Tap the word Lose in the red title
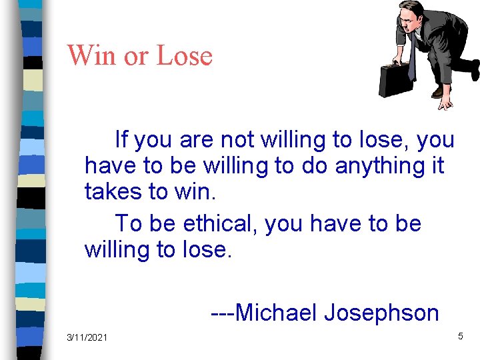184,55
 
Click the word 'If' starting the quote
121,140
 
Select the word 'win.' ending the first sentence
195,191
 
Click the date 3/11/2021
87,338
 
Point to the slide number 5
460,337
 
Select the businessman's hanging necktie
412,57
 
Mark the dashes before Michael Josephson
222,312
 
